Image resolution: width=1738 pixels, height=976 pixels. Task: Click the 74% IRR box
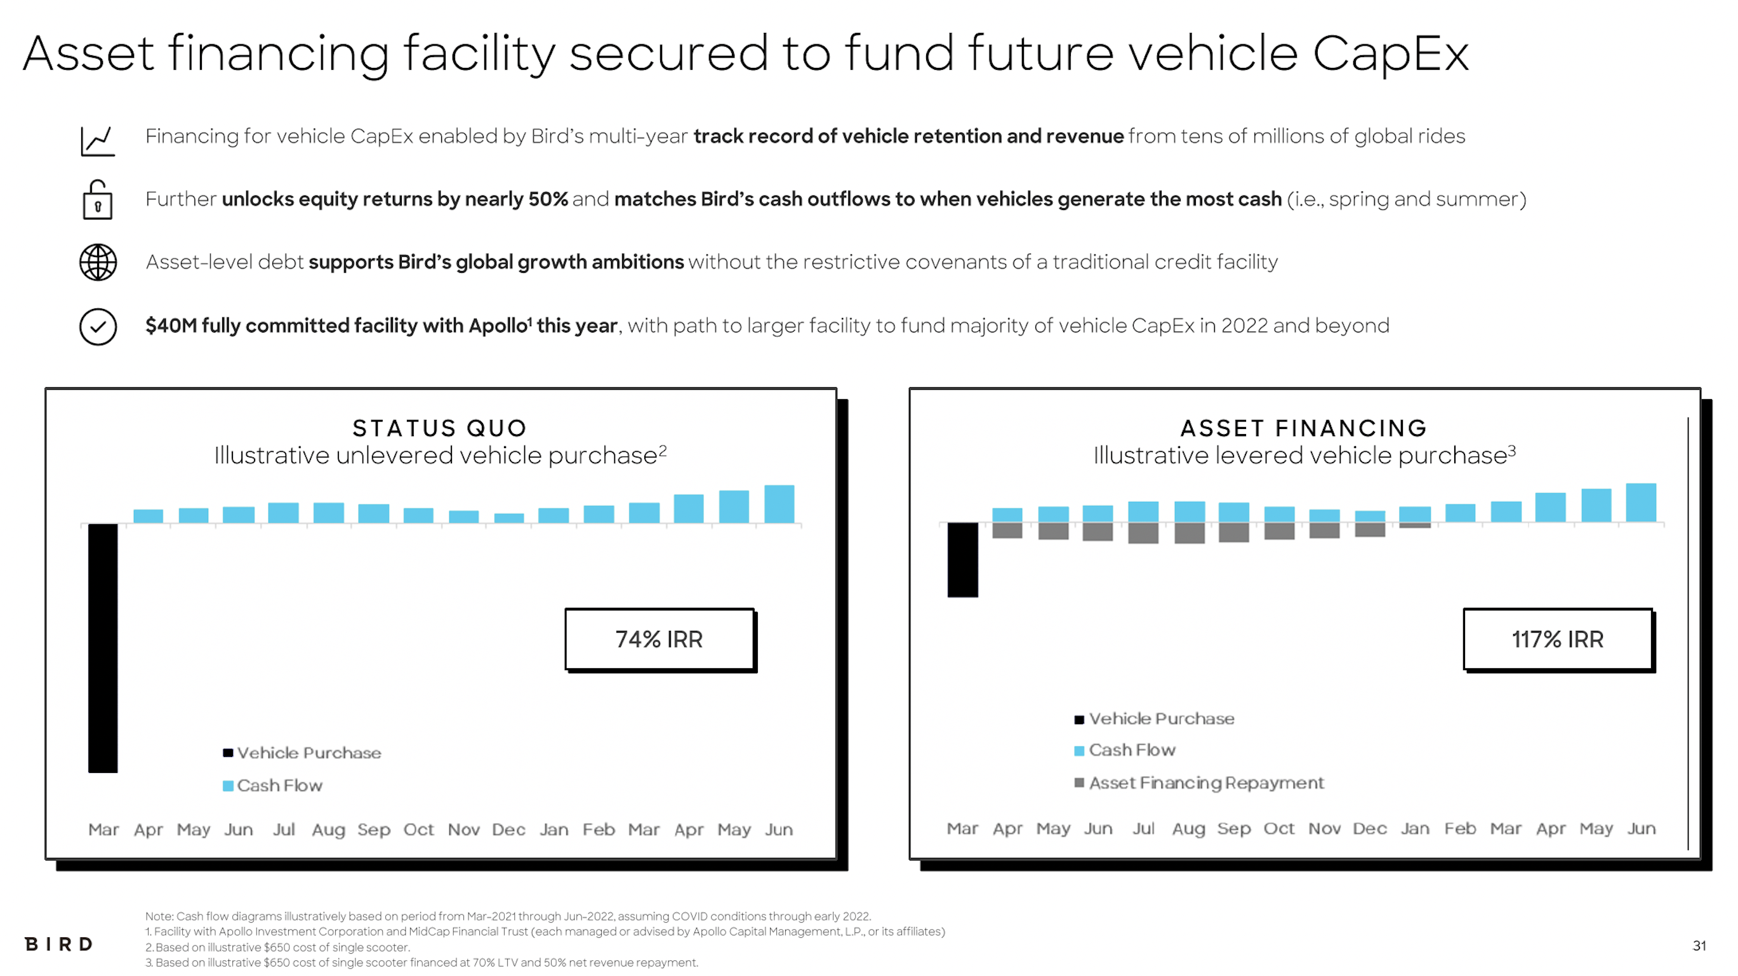tap(659, 639)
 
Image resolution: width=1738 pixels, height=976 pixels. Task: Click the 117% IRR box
tap(1557, 639)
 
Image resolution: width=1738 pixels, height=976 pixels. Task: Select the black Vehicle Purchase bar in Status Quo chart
tap(103, 647)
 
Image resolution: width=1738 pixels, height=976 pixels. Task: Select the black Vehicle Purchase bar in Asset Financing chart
tap(962, 559)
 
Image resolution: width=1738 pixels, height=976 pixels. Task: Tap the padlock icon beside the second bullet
tap(98, 200)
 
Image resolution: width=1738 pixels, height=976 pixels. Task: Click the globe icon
tap(98, 262)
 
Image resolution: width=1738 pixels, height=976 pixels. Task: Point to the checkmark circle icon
tap(98, 327)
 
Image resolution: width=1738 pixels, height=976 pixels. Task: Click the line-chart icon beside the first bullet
tap(98, 141)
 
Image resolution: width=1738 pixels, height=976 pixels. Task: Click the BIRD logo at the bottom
tap(58, 944)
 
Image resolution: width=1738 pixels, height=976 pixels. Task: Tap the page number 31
tap(1699, 946)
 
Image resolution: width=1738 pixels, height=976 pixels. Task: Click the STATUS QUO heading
tap(440, 428)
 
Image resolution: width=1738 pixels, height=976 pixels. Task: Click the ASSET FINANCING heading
tap(1304, 428)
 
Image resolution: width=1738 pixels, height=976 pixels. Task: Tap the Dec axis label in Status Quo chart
tap(508, 829)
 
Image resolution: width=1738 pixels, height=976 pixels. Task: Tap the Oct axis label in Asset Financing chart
tap(1278, 828)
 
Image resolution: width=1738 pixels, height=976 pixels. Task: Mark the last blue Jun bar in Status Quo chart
tap(779, 504)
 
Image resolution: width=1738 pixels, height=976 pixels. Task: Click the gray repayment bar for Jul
tap(1143, 533)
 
